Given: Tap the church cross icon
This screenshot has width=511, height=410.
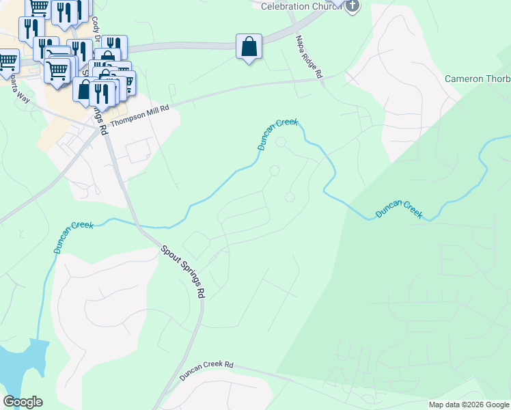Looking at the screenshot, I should pos(352,6).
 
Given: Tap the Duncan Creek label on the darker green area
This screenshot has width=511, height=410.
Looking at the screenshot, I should pos(399,210).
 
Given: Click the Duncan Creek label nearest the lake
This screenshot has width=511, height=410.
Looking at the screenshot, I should pos(74,235).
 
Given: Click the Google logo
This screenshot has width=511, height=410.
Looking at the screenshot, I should pos(23,401).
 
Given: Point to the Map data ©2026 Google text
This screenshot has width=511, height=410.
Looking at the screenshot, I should pos(469,405).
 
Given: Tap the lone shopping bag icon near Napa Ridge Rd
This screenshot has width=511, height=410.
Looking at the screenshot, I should pos(249,47).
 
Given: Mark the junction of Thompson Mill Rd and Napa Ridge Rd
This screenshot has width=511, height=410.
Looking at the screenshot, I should pos(321,79).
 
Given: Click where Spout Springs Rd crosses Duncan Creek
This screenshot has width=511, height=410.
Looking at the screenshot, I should pos(137,224).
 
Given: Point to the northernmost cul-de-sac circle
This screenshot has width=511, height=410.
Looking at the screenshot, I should pos(281,142).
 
